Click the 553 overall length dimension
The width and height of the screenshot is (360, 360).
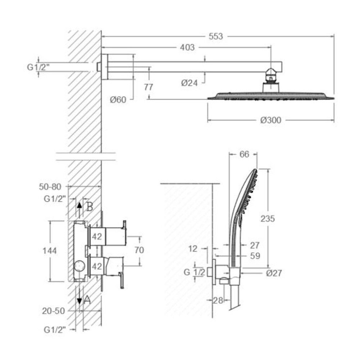[216, 36]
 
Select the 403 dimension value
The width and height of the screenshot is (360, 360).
[187, 47]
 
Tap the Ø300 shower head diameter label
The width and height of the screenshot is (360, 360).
[271, 120]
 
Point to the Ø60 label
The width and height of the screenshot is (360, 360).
[118, 100]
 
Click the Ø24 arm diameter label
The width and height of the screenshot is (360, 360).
[189, 83]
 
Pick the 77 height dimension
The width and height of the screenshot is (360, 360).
[148, 87]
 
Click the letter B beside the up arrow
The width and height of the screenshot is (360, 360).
[89, 207]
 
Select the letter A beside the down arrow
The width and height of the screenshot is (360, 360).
[87, 300]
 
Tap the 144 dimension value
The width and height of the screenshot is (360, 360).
[50, 251]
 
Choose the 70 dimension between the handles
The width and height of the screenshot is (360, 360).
[139, 250]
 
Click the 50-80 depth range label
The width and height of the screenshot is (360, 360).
[50, 187]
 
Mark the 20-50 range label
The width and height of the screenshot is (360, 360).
[53, 311]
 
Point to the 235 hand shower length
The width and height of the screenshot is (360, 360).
[267, 219]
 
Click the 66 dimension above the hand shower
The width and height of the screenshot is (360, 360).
[244, 154]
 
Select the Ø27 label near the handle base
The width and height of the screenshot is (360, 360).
[274, 273]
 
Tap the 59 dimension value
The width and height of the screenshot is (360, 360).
[255, 256]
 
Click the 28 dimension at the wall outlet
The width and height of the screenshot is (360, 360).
[218, 300]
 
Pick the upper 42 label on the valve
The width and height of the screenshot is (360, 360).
[96, 237]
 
